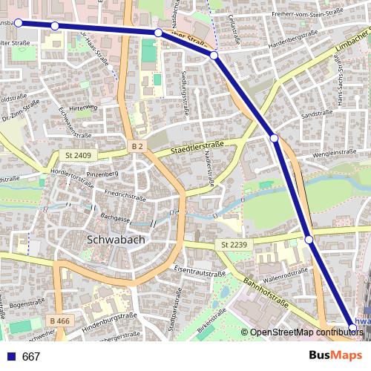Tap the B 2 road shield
[137, 147]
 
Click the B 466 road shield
[62, 320]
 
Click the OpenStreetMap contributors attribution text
[302, 332]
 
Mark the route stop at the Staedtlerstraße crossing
[274, 138]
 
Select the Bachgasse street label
[117, 219]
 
